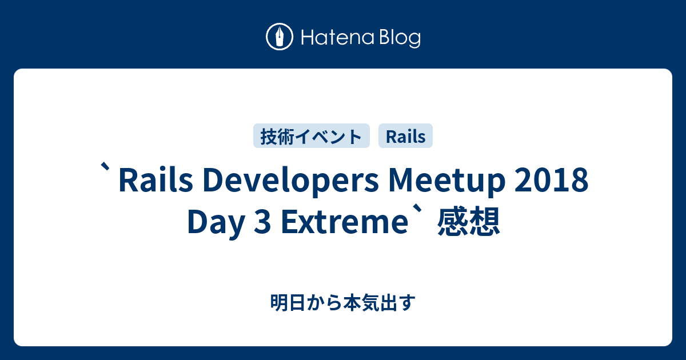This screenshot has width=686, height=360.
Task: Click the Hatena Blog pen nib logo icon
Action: click(x=280, y=38)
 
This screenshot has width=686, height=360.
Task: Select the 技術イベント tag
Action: click(x=312, y=136)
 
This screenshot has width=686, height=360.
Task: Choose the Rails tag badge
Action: click(x=405, y=136)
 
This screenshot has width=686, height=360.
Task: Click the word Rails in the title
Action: click(x=151, y=182)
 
